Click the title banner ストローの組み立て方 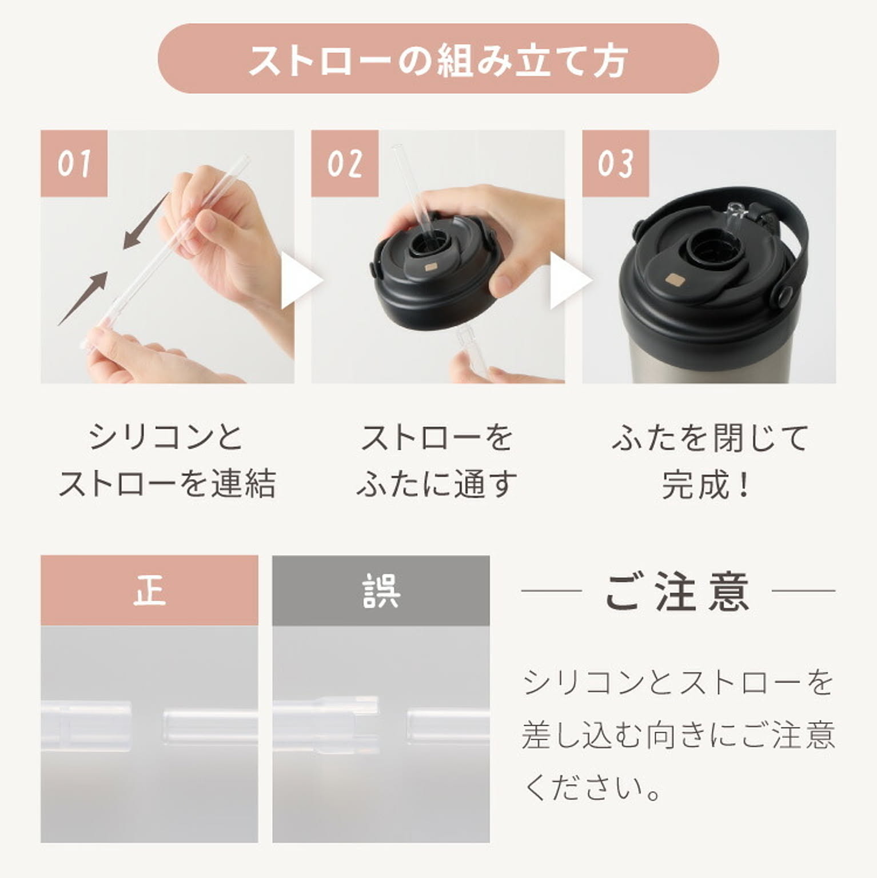438,59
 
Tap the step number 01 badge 74,163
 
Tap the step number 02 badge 344,163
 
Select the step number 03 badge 615,163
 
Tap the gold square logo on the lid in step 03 676,280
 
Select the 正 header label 149,590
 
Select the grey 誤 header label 381,590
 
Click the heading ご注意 677,592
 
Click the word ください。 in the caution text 593,788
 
